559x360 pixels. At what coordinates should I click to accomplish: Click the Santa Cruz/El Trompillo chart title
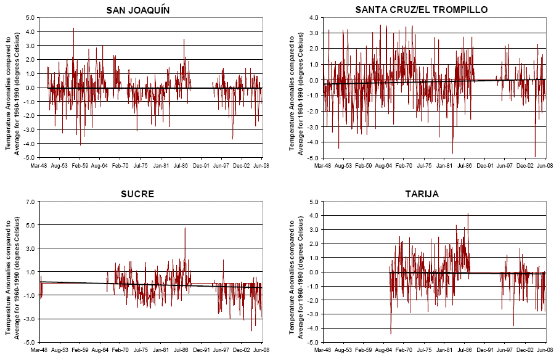(x=422, y=10)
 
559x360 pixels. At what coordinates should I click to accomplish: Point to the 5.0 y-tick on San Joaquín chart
(x=30, y=18)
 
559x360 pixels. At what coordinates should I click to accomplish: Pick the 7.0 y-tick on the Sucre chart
(x=30, y=202)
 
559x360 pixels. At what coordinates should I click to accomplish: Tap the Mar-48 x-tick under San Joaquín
(x=39, y=166)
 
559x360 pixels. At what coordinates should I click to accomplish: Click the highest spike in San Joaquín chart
(x=73, y=28)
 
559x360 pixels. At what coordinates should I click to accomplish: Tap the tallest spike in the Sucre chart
(x=185, y=228)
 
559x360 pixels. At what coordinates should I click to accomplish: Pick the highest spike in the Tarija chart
(x=468, y=215)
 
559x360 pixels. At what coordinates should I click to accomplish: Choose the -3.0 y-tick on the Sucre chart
(x=30, y=319)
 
